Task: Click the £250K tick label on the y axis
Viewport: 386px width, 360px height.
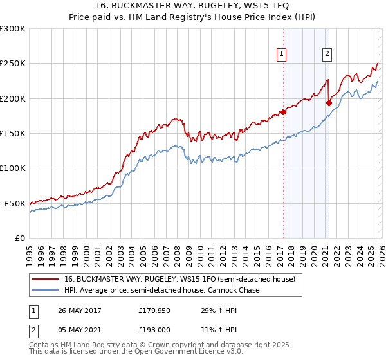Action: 12,64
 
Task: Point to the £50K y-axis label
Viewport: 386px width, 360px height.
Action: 15,203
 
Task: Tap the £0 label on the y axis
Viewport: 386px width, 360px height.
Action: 19,238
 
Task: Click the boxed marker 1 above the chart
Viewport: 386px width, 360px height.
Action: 282,54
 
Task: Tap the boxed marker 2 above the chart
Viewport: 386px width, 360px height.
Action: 327,54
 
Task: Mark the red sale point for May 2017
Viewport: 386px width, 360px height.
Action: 283,113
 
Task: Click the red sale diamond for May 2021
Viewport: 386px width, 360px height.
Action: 328,103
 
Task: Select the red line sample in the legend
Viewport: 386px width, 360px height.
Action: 45,280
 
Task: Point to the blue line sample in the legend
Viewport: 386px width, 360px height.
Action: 45,291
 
